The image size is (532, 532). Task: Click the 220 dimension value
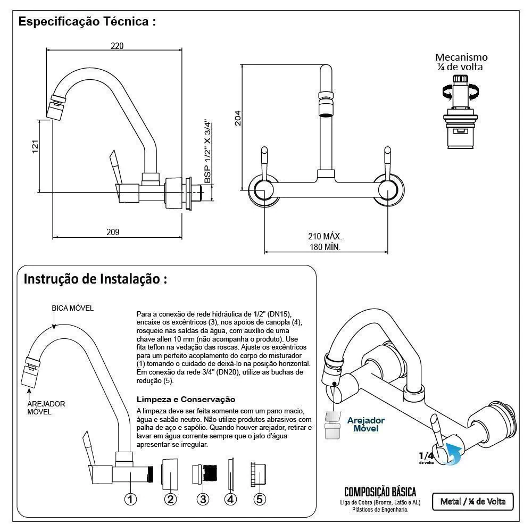coord(117,46)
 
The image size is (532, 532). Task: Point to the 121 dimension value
coord(35,146)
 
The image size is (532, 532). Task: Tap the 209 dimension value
coord(113,232)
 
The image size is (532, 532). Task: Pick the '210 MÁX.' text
coord(325,236)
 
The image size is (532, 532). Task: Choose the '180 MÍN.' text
coord(325,247)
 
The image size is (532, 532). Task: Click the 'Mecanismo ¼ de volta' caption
coord(461,62)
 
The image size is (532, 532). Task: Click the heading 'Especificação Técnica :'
coord(87,22)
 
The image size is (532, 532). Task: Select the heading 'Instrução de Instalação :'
coord(95,279)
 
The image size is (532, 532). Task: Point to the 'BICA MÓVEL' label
coord(72,308)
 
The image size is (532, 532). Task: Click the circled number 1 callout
coord(131,499)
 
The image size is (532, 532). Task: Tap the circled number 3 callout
coord(203,499)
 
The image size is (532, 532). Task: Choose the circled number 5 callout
coord(260,499)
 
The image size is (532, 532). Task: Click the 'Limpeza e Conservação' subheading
coord(186,399)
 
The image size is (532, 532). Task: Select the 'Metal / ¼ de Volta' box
coord(472,501)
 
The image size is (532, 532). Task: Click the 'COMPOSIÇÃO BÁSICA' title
coord(380,492)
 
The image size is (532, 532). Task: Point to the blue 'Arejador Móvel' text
coord(365,424)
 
